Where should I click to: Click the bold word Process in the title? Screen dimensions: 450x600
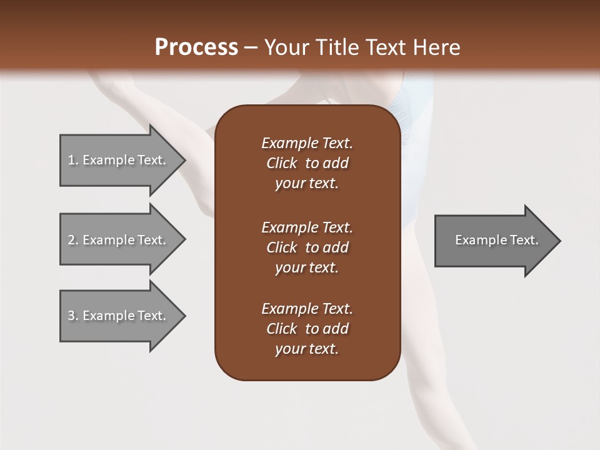tap(196, 47)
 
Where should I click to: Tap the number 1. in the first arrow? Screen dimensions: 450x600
tap(72, 160)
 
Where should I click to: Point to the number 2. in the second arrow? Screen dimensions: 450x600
tap(72, 240)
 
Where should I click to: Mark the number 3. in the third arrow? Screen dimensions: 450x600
tap(72, 316)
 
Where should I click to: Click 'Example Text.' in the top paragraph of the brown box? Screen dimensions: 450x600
tap(307, 143)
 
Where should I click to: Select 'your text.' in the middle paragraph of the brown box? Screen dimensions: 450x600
tap(307, 267)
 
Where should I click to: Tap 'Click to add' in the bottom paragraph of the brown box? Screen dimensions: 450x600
tap(307, 329)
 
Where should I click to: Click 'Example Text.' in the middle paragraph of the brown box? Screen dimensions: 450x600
tap(307, 227)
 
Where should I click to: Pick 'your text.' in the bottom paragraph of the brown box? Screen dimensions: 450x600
tap(307, 349)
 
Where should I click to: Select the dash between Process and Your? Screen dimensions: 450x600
tap(251, 48)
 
